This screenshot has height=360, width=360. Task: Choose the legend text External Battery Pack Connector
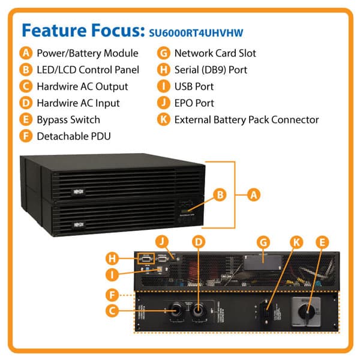point(246,119)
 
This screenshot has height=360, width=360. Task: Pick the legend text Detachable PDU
point(73,136)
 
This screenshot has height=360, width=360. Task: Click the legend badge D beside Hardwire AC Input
point(26,103)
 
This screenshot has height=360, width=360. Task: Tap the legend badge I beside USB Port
point(163,86)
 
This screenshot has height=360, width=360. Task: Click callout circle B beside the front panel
point(220,195)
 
